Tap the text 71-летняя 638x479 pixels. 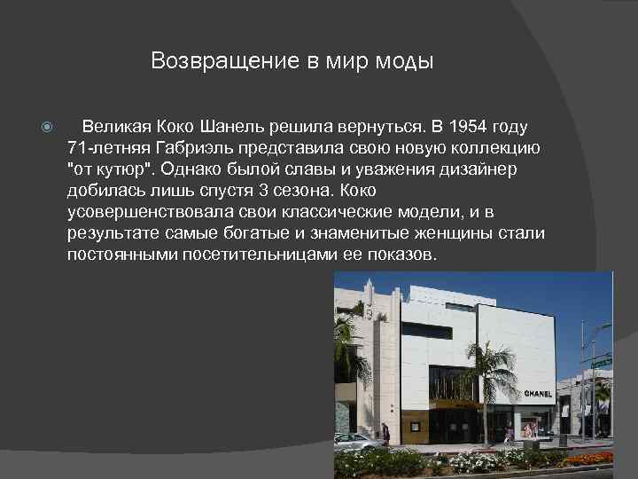pyautogui.click(x=106, y=148)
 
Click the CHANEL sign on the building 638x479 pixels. pyautogui.click(x=538, y=393)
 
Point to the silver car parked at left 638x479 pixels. pyautogui.click(x=354, y=440)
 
